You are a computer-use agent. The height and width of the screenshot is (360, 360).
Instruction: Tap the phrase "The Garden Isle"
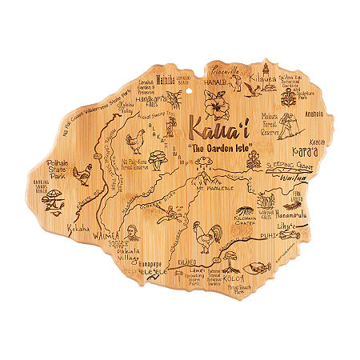(222, 150)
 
